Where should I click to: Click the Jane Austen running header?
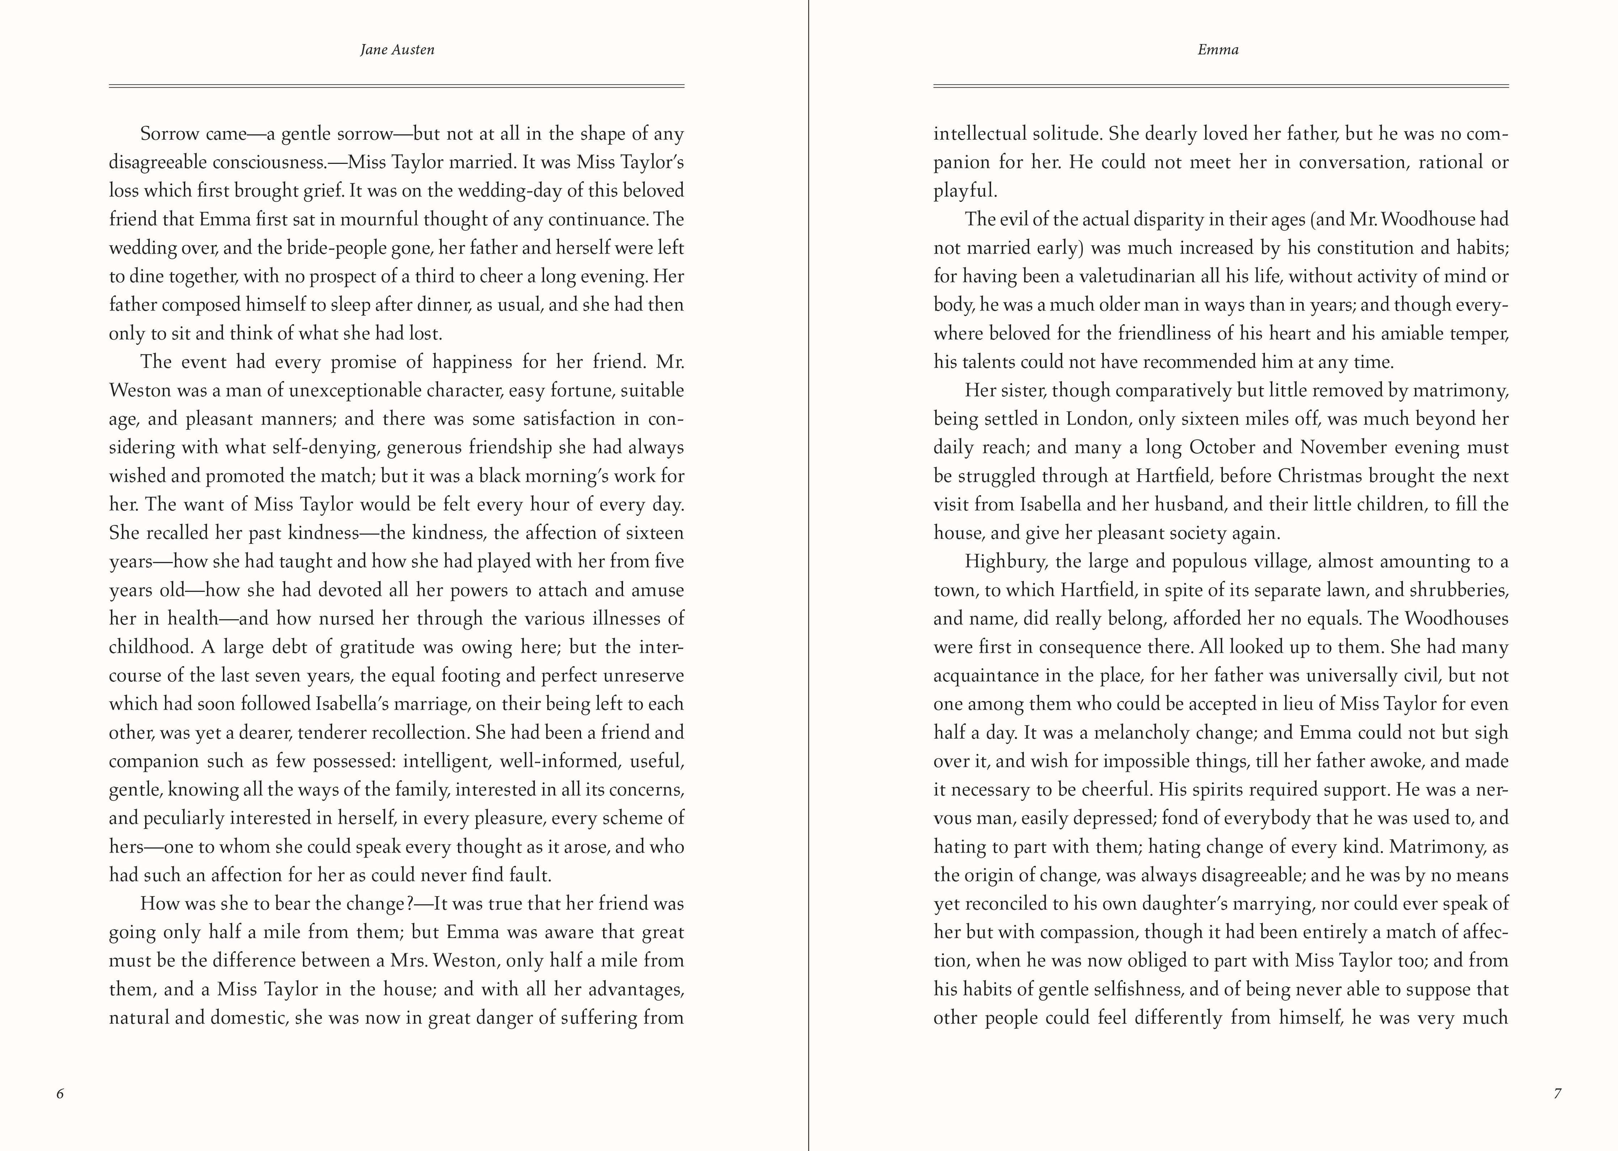click(397, 50)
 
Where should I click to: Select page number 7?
click(1557, 1093)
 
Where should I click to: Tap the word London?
click(1097, 419)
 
